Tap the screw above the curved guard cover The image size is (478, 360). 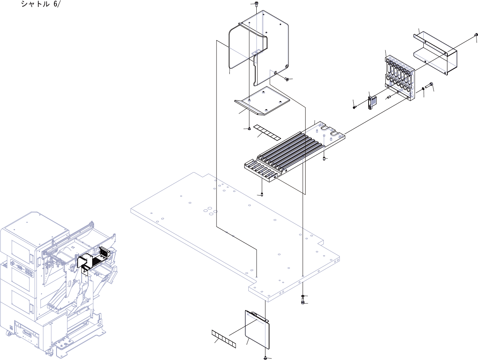point(257,4)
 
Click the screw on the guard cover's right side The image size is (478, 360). point(287,78)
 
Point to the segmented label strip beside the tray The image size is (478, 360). point(267,132)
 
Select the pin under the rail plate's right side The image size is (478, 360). point(324,159)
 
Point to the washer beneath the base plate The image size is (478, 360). point(303,295)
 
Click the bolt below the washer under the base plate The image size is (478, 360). point(303,302)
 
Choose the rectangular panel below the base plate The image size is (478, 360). point(257,328)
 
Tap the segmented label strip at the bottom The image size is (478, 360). point(224,339)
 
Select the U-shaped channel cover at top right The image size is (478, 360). point(436,53)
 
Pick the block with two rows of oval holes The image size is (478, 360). point(400,77)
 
